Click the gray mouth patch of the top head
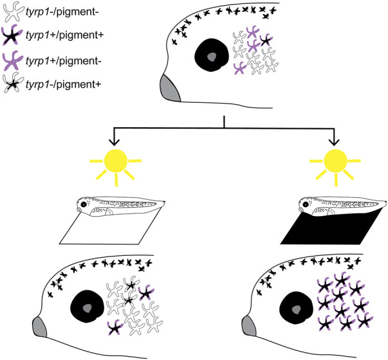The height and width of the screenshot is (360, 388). pyautogui.click(x=171, y=89)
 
